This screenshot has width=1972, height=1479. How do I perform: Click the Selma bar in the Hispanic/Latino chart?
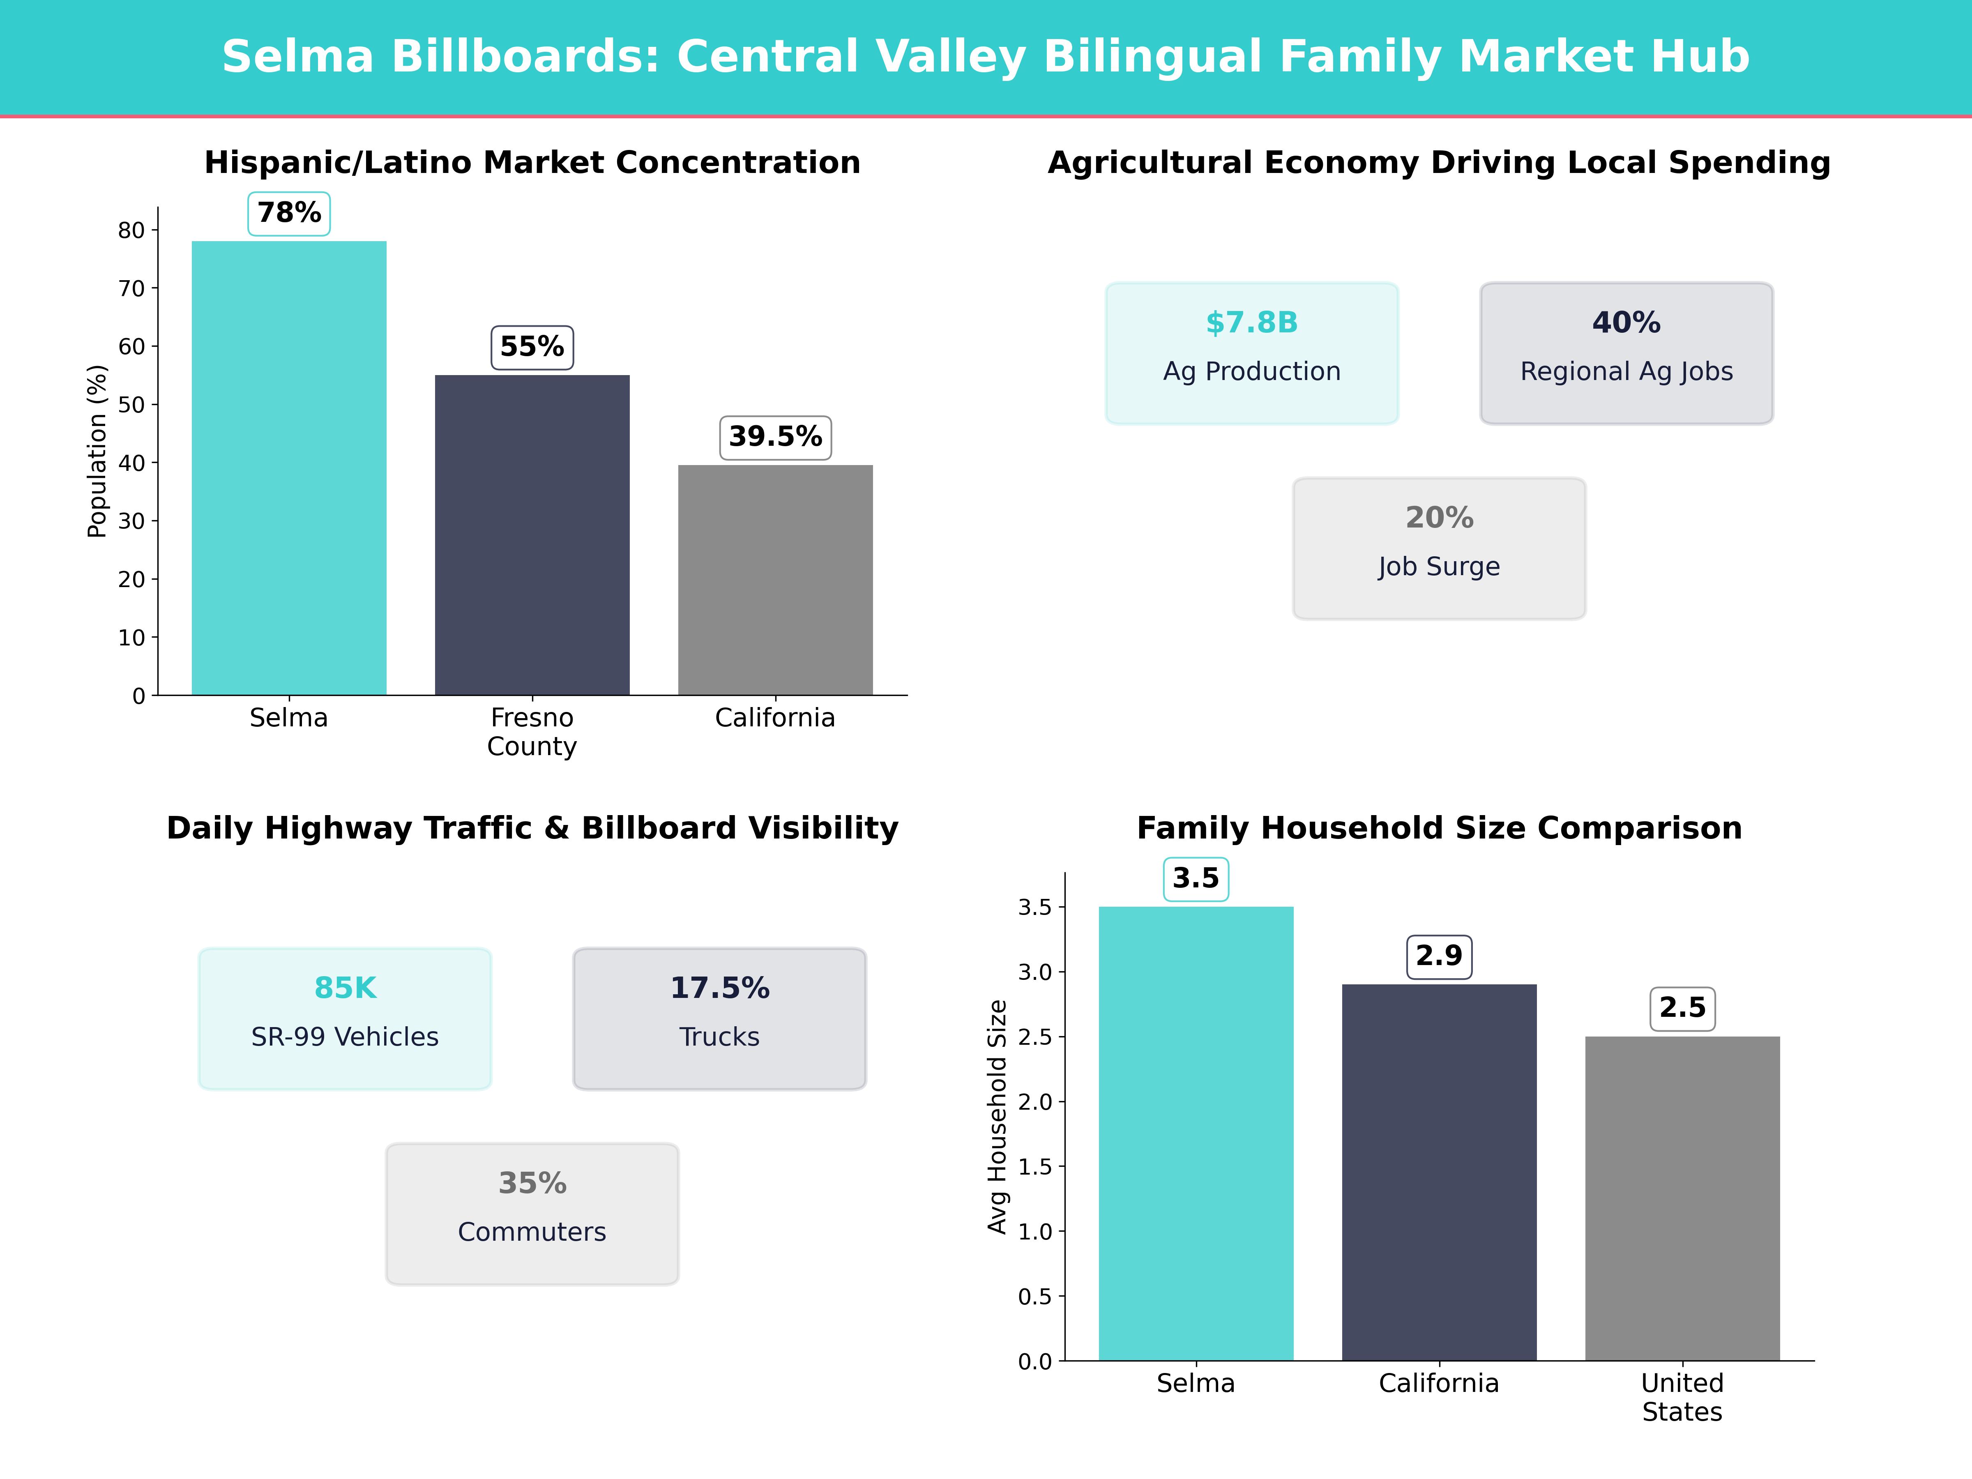[289, 468]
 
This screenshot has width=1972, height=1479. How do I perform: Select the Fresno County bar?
[532, 535]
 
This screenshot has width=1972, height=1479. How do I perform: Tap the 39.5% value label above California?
[776, 437]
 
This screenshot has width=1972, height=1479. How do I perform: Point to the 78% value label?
[289, 213]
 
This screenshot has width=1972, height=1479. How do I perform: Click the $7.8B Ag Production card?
[1252, 353]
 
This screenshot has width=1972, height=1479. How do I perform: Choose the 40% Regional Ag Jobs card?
[1626, 353]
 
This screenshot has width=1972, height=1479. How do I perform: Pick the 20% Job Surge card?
[1439, 548]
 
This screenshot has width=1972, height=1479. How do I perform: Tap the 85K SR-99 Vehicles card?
[345, 1018]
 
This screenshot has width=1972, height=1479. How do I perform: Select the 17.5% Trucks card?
[719, 1018]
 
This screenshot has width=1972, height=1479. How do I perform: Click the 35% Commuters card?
[532, 1213]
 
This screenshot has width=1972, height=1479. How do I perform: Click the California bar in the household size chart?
[1439, 1173]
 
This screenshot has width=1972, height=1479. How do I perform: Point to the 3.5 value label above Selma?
[1196, 878]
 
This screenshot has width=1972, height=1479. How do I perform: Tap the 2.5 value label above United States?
[1682, 1008]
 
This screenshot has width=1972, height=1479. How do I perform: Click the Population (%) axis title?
[97, 451]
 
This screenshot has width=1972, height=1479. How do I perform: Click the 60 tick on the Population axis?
[131, 347]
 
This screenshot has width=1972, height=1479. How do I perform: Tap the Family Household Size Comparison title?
[1439, 828]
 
